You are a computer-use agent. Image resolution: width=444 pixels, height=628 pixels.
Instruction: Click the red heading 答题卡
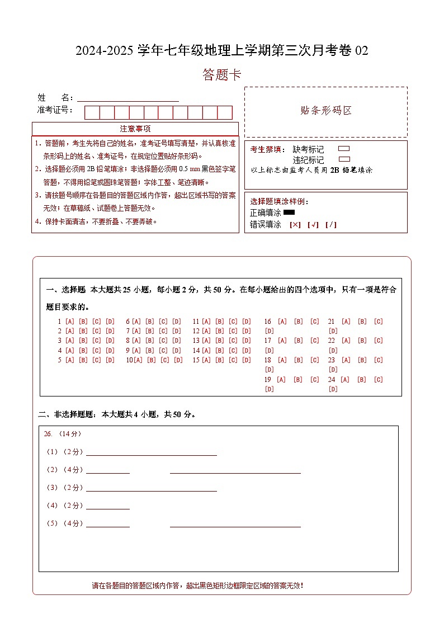[x=222, y=75]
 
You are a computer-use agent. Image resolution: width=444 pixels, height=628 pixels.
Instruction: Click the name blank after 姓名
[x=128, y=98]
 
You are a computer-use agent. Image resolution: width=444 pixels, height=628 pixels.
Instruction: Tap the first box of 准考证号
[x=92, y=112]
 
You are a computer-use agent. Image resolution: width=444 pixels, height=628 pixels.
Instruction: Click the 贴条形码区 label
[x=326, y=111]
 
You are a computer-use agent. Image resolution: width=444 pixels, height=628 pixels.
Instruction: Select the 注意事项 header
[x=135, y=129]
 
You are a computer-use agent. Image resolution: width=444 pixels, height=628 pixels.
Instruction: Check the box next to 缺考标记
[x=344, y=149]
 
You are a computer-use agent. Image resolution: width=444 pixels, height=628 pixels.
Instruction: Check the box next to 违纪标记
[x=344, y=159]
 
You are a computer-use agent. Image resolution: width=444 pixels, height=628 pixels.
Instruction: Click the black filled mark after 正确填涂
[x=289, y=213]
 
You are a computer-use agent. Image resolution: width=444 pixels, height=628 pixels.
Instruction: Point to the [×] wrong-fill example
[x=295, y=225]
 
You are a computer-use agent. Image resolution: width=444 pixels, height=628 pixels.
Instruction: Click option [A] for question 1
[x=70, y=322]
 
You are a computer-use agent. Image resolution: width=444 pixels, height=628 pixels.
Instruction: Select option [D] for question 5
[x=110, y=360]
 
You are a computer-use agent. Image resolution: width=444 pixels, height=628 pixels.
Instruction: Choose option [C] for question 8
[x=163, y=341]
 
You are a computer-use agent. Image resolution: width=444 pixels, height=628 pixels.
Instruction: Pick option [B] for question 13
[x=220, y=341]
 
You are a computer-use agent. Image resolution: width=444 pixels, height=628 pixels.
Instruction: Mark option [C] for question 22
[x=379, y=341]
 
